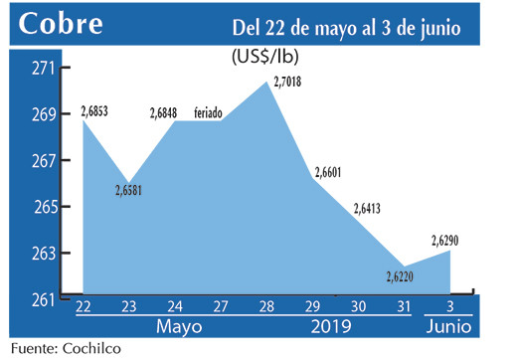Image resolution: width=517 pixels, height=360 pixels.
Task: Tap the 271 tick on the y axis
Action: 44,69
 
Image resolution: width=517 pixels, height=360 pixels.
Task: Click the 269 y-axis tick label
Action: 44,114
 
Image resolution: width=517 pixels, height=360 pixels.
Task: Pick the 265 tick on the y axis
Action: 44,207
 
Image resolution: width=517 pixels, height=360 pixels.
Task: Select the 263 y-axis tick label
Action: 44,254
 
